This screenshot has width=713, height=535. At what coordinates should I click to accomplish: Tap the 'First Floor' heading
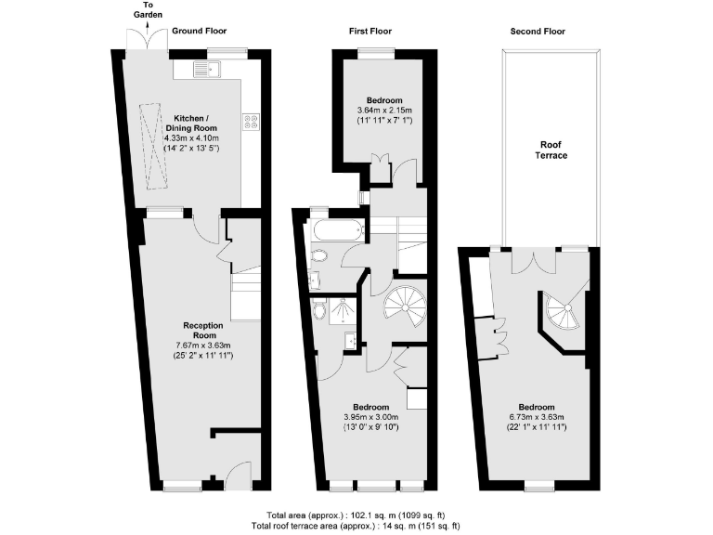(x=370, y=32)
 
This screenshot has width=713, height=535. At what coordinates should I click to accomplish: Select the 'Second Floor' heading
(x=538, y=32)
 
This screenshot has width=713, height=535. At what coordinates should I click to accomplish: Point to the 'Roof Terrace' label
(x=553, y=150)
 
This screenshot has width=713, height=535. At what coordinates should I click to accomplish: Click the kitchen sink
(x=205, y=67)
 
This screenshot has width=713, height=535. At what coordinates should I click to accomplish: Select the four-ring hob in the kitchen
(x=251, y=121)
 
